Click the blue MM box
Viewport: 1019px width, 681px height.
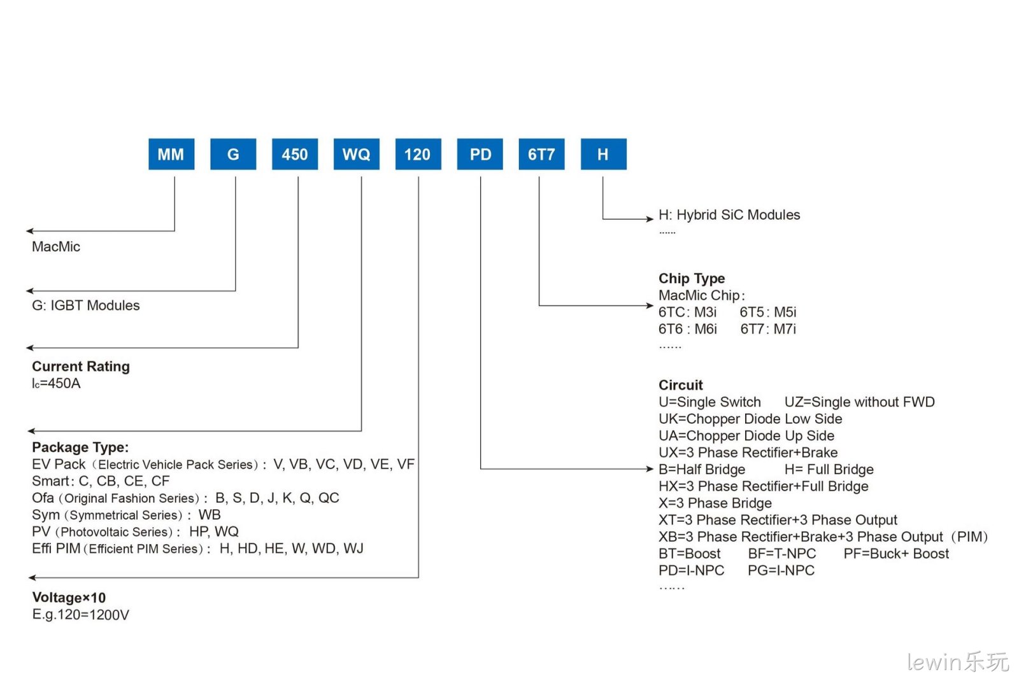coord(171,154)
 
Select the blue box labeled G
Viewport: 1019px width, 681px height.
coord(233,154)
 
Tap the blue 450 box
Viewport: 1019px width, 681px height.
coord(295,154)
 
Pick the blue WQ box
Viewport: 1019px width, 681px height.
coord(356,154)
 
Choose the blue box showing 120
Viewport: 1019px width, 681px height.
coord(418,154)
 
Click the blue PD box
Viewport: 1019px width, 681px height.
coord(480,154)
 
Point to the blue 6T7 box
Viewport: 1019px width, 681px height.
coord(541,154)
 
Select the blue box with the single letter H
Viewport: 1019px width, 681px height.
coord(603,154)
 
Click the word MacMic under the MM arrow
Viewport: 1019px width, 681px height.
coord(56,247)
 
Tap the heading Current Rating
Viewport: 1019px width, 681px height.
coord(81,367)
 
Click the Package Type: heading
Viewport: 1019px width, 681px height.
coord(80,447)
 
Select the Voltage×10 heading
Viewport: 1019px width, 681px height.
coord(69,598)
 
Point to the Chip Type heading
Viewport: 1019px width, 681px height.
coord(692,278)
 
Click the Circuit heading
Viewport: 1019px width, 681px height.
coord(681,385)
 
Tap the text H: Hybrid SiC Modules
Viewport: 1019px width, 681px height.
coord(729,214)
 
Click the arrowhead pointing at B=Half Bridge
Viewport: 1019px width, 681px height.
coord(650,468)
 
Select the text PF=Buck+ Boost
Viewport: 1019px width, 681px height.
coord(896,554)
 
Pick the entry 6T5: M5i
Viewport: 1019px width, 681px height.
coord(768,312)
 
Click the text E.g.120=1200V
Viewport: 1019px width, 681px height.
coord(80,615)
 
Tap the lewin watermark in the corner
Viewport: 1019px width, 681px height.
coord(958,662)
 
